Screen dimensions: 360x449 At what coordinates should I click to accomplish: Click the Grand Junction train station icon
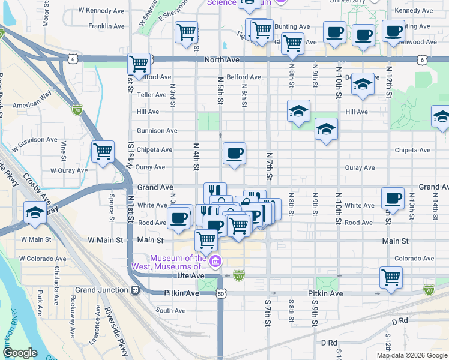click(135, 290)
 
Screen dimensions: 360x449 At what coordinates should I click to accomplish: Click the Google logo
click(20, 353)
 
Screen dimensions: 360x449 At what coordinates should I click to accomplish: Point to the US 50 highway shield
click(221, 294)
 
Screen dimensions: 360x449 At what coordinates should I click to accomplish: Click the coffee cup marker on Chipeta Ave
click(234, 152)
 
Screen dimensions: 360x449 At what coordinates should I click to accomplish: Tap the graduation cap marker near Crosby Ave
click(35, 214)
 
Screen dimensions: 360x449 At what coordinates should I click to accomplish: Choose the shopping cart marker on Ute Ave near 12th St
click(391, 277)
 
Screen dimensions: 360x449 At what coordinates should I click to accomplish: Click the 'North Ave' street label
click(221, 60)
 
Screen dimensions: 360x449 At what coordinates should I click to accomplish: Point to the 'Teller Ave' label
click(152, 95)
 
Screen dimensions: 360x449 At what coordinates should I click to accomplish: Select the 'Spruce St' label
click(111, 203)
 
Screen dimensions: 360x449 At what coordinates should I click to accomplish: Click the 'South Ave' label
click(171, 311)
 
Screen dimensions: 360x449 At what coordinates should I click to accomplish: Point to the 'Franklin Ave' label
click(106, 26)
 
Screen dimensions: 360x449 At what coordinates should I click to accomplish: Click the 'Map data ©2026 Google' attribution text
click(412, 355)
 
